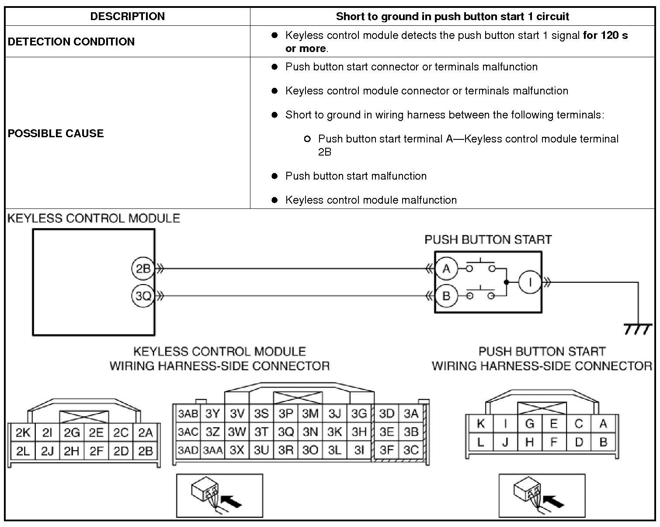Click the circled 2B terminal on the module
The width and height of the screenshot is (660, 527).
click(143, 269)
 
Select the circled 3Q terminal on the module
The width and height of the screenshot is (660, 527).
click(143, 296)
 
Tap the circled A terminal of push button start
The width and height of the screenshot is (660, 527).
click(446, 268)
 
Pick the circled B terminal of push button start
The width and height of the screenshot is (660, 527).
click(446, 296)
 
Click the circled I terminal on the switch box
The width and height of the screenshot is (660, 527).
click(530, 282)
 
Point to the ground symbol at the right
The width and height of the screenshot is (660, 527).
click(638, 329)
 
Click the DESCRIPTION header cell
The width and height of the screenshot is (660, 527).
click(127, 17)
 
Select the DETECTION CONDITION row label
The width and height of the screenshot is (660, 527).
click(71, 42)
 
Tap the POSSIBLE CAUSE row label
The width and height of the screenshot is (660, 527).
click(56, 133)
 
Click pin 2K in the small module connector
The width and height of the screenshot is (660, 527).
click(23, 433)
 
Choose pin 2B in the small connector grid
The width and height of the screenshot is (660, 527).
click(145, 451)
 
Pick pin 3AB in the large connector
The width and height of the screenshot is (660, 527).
click(188, 413)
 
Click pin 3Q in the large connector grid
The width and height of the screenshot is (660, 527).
click(286, 432)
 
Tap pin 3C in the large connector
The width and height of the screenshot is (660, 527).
click(411, 450)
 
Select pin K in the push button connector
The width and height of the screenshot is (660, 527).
click(480, 423)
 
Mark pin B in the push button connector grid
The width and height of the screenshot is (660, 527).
click(603, 442)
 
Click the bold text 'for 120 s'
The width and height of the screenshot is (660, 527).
click(605, 35)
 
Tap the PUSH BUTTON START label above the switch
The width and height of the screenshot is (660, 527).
click(488, 240)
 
